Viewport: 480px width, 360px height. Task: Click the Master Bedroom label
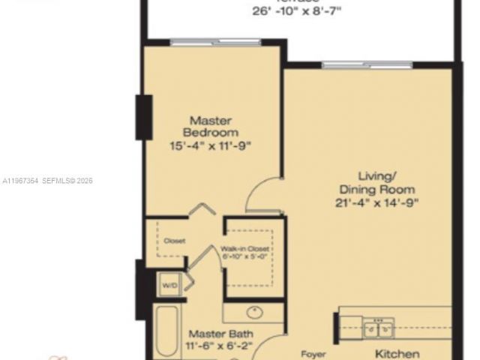click(x=210, y=126)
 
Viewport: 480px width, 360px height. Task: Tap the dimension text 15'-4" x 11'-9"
click(x=210, y=145)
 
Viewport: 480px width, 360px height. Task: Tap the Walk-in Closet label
click(x=244, y=249)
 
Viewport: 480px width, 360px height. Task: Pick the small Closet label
click(x=175, y=241)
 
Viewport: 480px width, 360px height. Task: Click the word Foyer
click(x=312, y=352)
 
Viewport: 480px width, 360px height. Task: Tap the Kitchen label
click(x=397, y=352)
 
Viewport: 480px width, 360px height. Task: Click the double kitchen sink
click(x=378, y=328)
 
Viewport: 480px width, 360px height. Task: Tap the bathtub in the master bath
click(x=166, y=334)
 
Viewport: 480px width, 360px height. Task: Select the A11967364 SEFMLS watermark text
click(x=46, y=181)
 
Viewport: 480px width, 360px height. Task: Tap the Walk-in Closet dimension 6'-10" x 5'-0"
click(x=244, y=257)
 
